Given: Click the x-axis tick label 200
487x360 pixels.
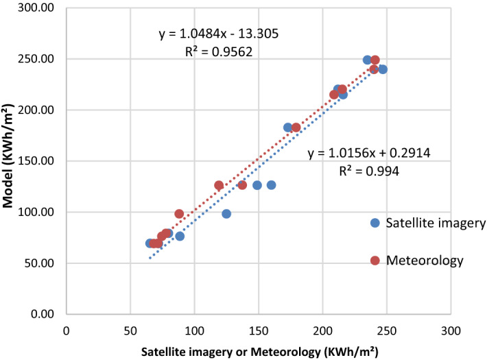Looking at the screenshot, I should pos(322,329).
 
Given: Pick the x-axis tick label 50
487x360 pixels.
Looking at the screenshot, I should pos(130,329).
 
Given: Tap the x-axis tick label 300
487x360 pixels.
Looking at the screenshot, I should pos(451,329).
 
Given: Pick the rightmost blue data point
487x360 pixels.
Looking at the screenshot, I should pos(383,69).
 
